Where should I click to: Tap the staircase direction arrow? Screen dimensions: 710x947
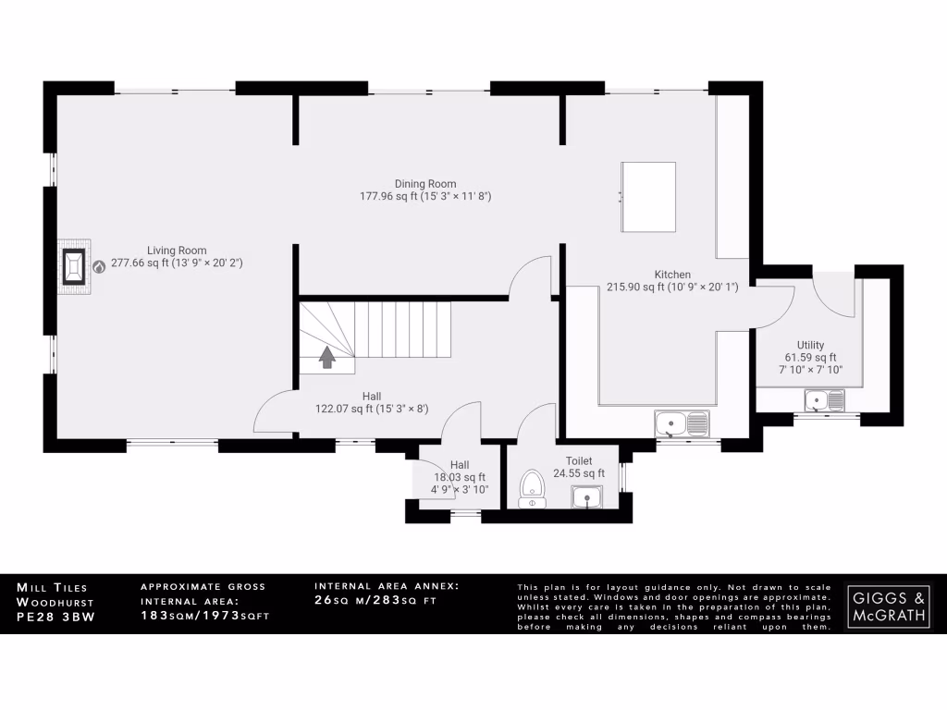[326, 356]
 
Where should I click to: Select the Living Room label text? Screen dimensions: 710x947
[177, 251]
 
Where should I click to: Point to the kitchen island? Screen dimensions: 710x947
[648, 196]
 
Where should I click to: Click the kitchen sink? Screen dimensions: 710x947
[682, 423]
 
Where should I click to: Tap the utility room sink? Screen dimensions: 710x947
[824, 399]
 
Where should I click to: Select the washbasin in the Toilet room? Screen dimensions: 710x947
[586, 498]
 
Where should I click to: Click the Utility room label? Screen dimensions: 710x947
[810, 346]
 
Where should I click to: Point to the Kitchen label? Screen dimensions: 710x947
[672, 275]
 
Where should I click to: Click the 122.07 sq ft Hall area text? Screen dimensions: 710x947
[371, 409]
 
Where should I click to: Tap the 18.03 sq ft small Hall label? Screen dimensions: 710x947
[461, 477]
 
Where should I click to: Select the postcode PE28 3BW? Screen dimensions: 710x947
[55, 616]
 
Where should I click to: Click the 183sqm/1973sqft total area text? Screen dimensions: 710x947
[204, 616]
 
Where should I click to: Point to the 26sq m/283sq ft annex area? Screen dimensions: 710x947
[375, 601]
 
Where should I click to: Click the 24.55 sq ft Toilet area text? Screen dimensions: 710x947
[579, 473]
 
